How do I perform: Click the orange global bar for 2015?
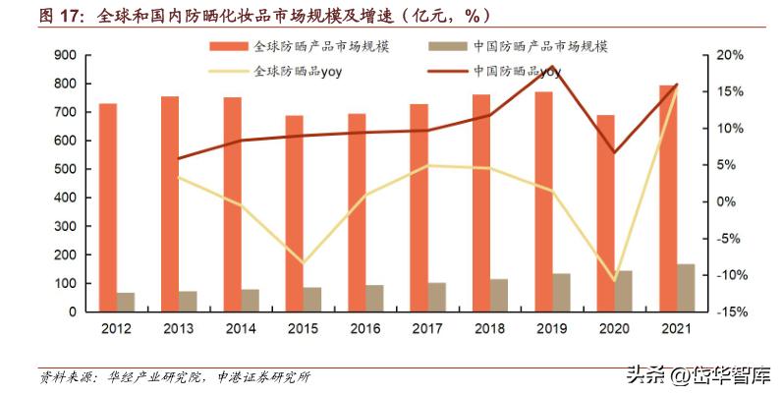[295, 213]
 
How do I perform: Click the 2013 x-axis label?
[178, 328]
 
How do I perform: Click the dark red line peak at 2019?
[552, 68]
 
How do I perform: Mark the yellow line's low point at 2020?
[614, 280]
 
